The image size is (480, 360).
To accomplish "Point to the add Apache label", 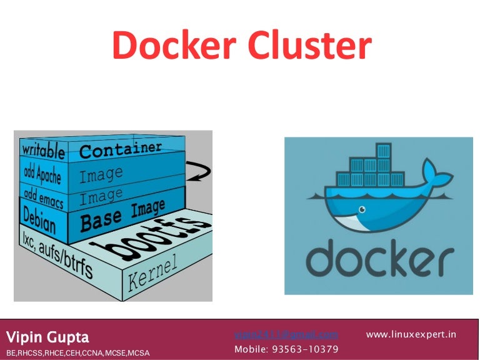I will tap(42, 172).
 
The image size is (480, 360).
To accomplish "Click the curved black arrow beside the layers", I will tap(202, 170).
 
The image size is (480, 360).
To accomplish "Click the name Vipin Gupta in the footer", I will tap(47, 337).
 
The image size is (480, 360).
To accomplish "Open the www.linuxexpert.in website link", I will tap(411, 334).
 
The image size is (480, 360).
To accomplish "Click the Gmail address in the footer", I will tap(286, 334).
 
